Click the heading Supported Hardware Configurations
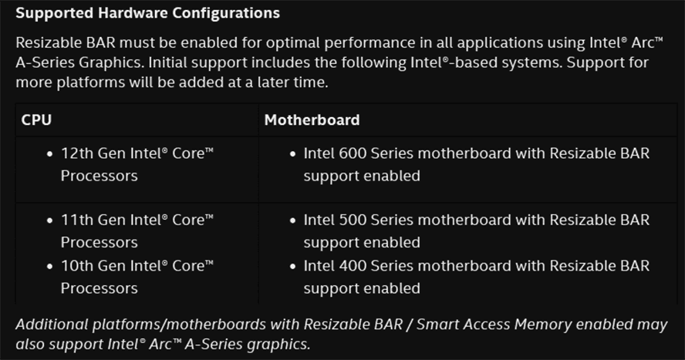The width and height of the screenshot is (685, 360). (147, 14)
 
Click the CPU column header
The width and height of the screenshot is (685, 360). (36, 120)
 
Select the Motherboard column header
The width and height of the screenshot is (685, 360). (312, 120)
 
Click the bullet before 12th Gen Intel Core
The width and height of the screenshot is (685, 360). (49, 154)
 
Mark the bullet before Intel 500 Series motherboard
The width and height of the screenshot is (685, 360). (292, 221)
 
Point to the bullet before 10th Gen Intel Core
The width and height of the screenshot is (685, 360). (49, 267)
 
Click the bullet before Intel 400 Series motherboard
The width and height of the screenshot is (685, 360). (292, 267)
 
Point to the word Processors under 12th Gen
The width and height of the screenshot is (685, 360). (99, 176)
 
